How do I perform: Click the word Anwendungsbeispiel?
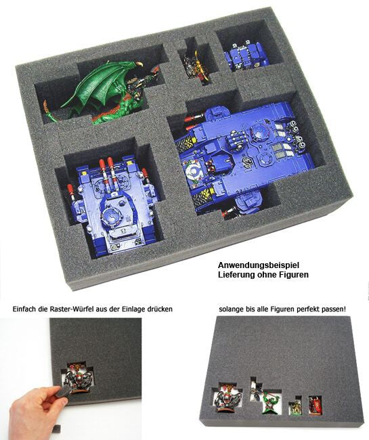tap(259, 265)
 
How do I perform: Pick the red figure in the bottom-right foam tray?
tap(315, 405)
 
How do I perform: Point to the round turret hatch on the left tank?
tap(113, 216)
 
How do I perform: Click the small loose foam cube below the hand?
tap(58, 428)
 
